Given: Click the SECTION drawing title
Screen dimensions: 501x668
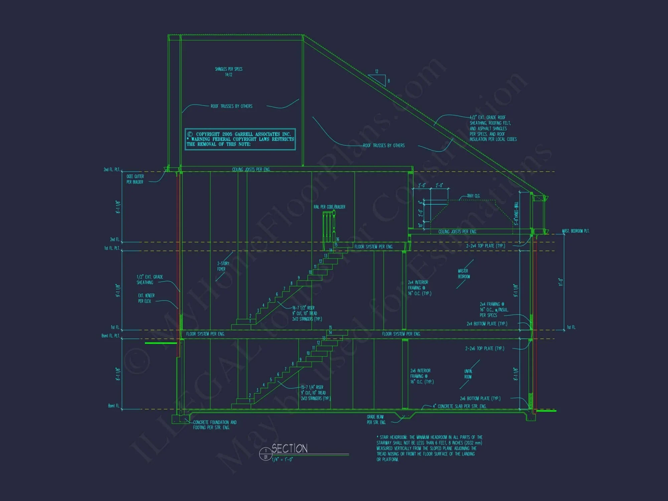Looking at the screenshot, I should pyautogui.click(x=290, y=449).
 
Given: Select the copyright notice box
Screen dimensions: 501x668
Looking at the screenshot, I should pyautogui.click(x=240, y=139).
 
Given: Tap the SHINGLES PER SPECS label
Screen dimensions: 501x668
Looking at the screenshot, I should pyautogui.click(x=229, y=72).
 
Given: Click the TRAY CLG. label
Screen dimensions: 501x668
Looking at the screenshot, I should pyautogui.click(x=473, y=196).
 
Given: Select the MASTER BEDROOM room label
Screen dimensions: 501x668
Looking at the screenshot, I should pyautogui.click(x=464, y=274).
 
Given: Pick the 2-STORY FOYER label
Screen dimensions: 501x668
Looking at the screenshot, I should pyautogui.click(x=223, y=266).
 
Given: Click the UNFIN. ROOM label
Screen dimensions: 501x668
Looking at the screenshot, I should pyautogui.click(x=468, y=374).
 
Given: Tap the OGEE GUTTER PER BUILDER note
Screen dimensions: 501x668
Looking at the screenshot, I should pyautogui.click(x=135, y=179).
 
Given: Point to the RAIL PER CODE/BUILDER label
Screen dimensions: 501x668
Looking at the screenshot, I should pyautogui.click(x=329, y=207).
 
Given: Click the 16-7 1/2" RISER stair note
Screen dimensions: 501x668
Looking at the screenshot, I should pyautogui.click(x=307, y=313).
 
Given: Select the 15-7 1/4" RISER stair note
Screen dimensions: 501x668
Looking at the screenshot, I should pyautogui.click(x=315, y=393).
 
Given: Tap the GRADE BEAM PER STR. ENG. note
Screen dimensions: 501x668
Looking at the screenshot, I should pyautogui.click(x=376, y=420).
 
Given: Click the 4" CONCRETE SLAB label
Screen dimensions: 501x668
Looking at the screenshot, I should pyautogui.click(x=460, y=406).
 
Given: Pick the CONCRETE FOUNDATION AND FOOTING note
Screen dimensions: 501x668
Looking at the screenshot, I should pyautogui.click(x=215, y=425).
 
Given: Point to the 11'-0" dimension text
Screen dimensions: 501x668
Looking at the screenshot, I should pyautogui.click(x=561, y=282).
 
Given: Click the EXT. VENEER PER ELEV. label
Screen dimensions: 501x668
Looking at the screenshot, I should pyautogui.click(x=146, y=298).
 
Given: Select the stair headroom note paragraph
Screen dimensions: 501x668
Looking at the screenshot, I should pyautogui.click(x=429, y=448).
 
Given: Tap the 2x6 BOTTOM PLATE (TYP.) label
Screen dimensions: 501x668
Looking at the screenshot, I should pyautogui.click(x=480, y=398).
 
